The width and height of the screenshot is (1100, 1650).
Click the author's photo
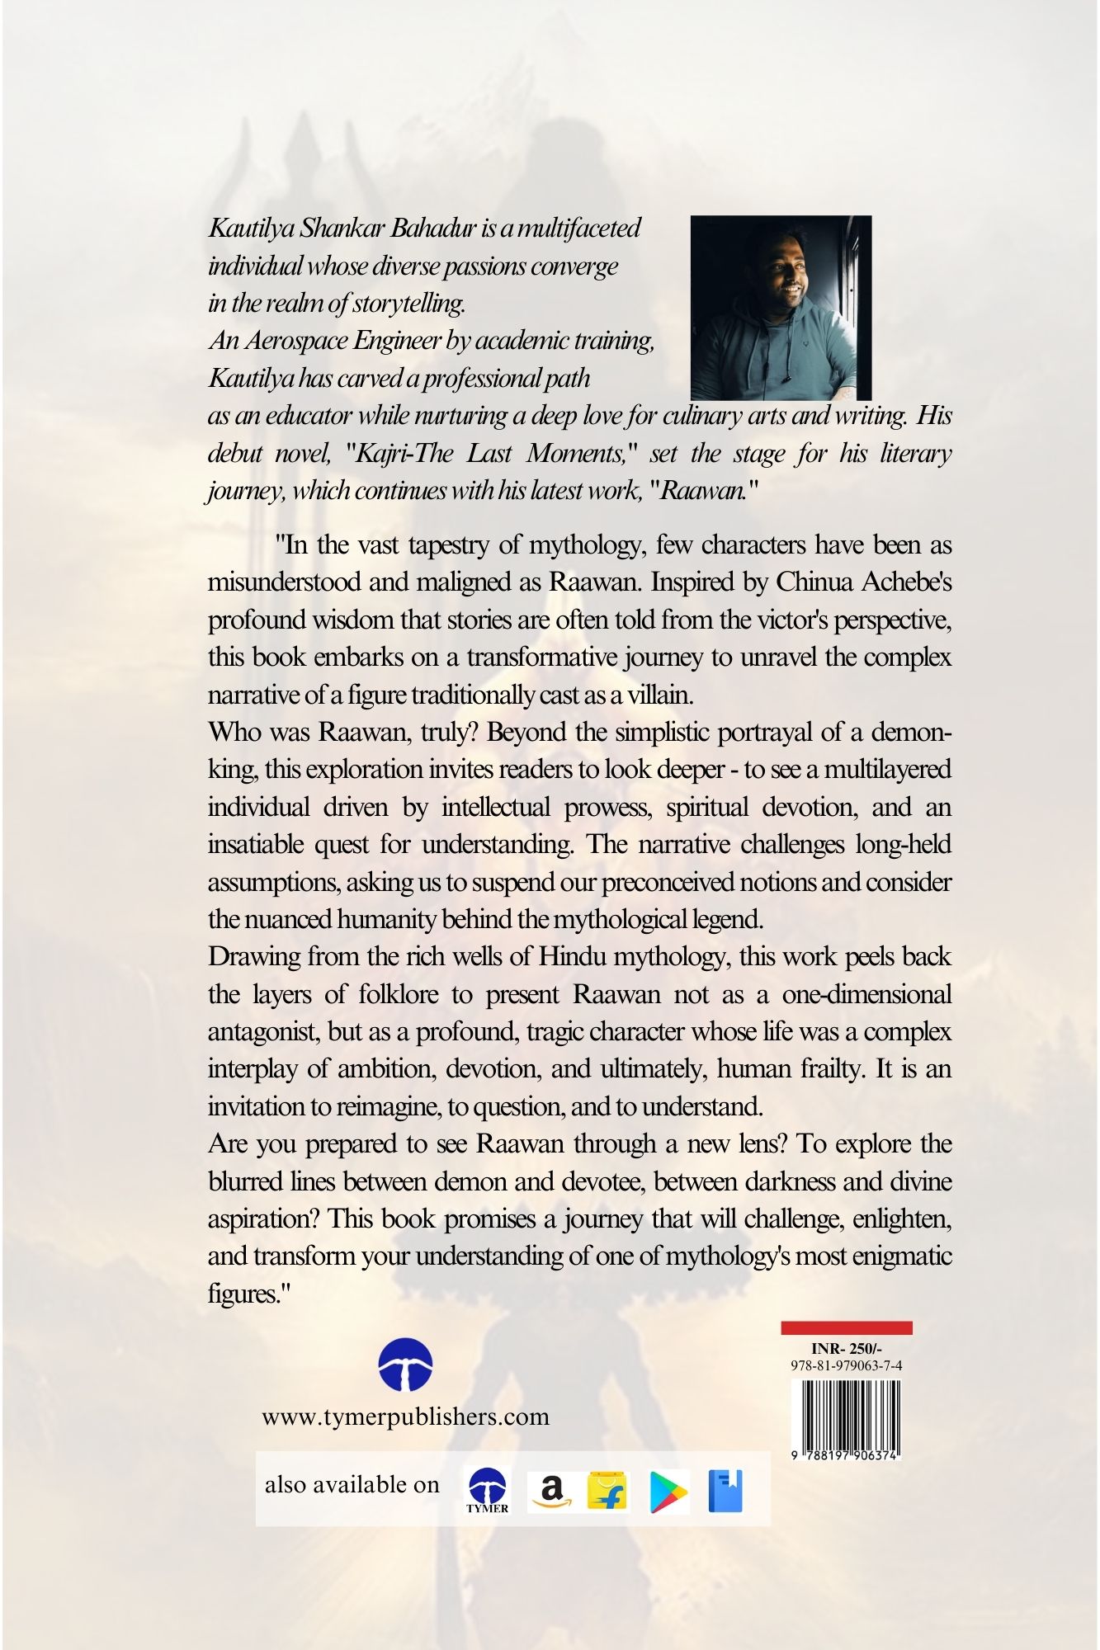[781, 308]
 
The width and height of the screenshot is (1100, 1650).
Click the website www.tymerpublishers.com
[405, 1417]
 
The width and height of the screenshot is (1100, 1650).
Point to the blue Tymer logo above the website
[406, 1365]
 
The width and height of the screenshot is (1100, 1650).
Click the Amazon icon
[551, 1492]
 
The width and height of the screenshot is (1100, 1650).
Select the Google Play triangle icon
[668, 1492]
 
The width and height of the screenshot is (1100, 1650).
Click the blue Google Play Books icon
[725, 1492]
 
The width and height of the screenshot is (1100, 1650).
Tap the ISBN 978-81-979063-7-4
[846, 1365]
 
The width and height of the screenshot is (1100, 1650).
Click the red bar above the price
[846, 1327]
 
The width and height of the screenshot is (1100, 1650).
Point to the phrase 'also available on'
[352, 1485]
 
